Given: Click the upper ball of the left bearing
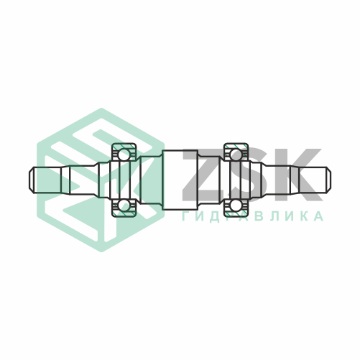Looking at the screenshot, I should click(x=124, y=154).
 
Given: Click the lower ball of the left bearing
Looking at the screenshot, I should click(x=124, y=206).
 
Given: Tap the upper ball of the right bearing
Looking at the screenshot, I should click(x=235, y=154).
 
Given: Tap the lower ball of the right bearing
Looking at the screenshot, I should click(x=235, y=206).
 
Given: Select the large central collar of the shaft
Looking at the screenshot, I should click(x=180, y=180).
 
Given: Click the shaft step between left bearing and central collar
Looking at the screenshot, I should click(x=149, y=180).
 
